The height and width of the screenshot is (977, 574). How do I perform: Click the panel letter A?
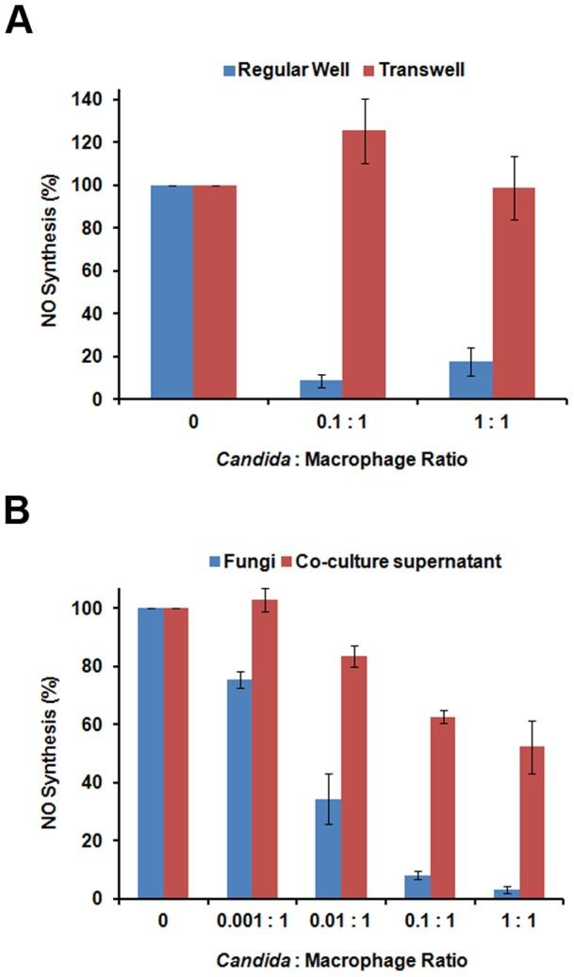point(21,19)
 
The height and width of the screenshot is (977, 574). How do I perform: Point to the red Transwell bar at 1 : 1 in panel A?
point(514,293)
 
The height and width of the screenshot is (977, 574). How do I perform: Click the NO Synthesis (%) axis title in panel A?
point(55,250)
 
